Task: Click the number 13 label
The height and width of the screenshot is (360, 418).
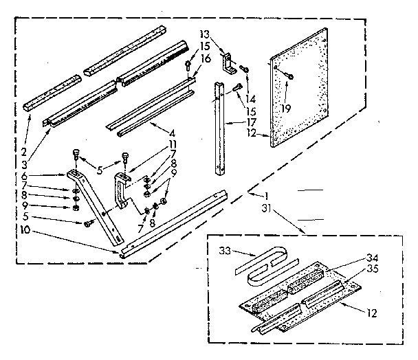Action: tap(203, 33)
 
